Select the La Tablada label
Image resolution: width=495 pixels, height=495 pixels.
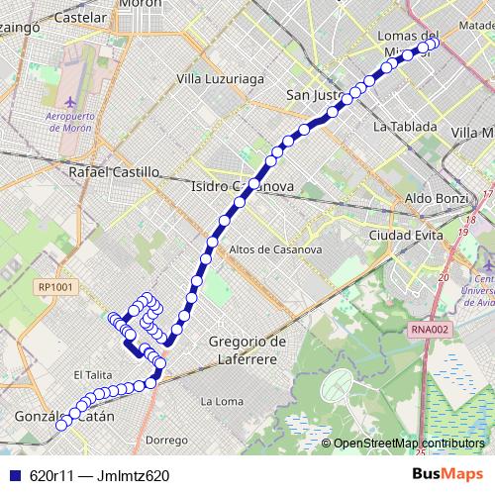[405, 127]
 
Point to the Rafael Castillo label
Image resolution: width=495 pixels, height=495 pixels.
[114, 171]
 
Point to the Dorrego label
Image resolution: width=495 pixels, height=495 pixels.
[166, 439]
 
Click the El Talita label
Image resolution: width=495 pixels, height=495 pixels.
[92, 375]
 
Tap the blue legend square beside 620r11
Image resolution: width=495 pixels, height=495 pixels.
[13, 475]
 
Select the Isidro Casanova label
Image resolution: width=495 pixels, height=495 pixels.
[241, 186]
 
